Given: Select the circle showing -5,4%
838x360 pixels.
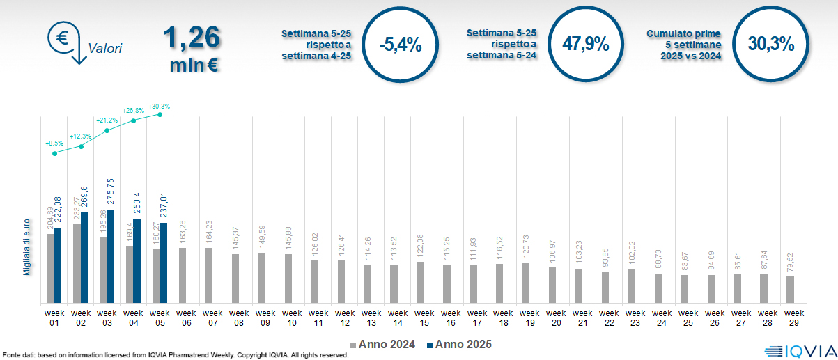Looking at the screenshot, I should tap(401, 45).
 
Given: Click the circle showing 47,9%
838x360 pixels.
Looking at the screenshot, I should tap(586, 45).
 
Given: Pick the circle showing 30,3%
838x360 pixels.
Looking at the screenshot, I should tap(771, 45).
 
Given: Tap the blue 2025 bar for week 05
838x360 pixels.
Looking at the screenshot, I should tap(164, 263).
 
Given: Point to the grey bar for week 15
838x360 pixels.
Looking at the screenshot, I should tap(420, 282).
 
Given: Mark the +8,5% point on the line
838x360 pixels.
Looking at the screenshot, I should tap(55, 153).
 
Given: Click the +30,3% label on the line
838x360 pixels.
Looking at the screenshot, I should tap(159, 107).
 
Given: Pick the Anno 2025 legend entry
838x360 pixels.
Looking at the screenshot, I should tap(460, 345).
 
